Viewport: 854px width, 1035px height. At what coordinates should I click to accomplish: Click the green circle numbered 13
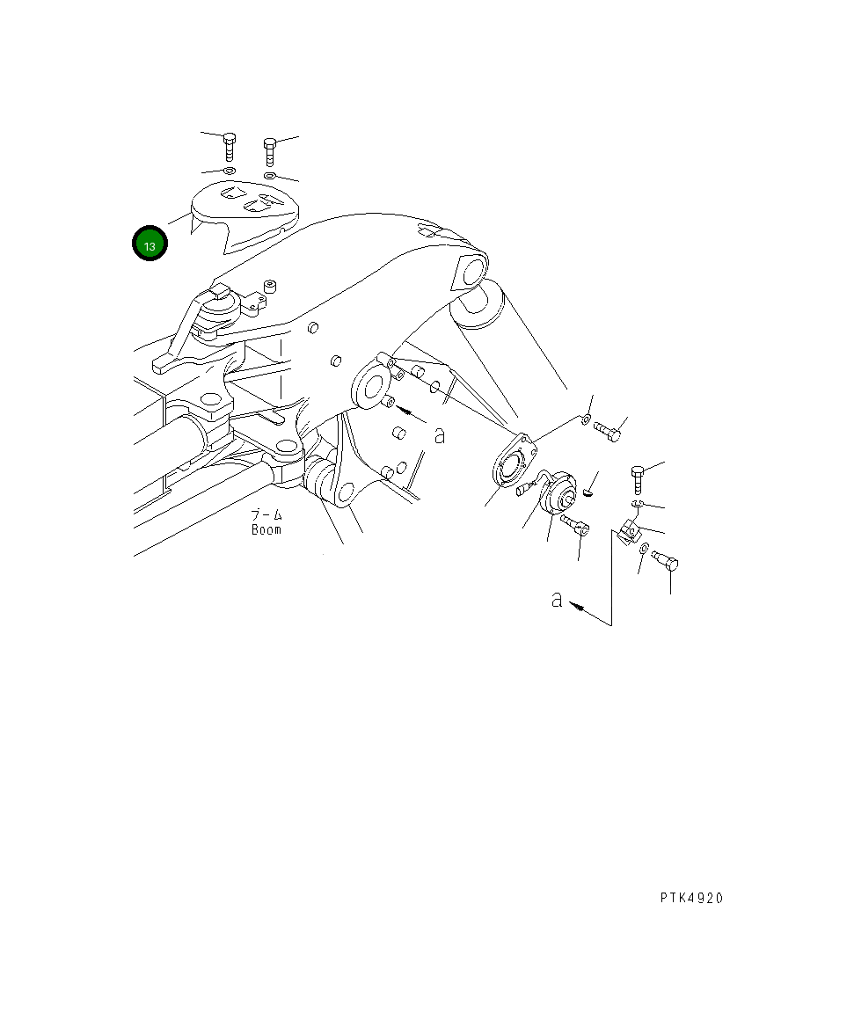point(150,244)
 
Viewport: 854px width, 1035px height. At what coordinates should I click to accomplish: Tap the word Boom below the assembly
point(266,530)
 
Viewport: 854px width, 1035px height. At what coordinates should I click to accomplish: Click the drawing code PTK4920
point(691,898)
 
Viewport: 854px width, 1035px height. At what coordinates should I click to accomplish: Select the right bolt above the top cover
point(270,150)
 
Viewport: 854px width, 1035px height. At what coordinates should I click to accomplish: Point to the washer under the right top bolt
point(271,177)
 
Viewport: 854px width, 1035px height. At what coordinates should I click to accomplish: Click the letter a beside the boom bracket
point(440,434)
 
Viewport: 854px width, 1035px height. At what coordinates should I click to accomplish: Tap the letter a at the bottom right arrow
point(556,600)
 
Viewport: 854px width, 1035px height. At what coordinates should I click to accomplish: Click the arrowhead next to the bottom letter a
point(576,605)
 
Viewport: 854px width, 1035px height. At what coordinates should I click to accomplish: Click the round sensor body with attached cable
point(557,493)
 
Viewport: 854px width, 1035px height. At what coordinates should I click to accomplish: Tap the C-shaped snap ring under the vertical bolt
point(637,503)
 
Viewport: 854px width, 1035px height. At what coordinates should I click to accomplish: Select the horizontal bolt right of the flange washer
point(608,430)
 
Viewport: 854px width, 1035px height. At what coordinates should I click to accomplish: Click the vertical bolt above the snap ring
point(639,480)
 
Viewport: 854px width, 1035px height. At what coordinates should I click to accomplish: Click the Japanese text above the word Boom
point(266,514)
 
